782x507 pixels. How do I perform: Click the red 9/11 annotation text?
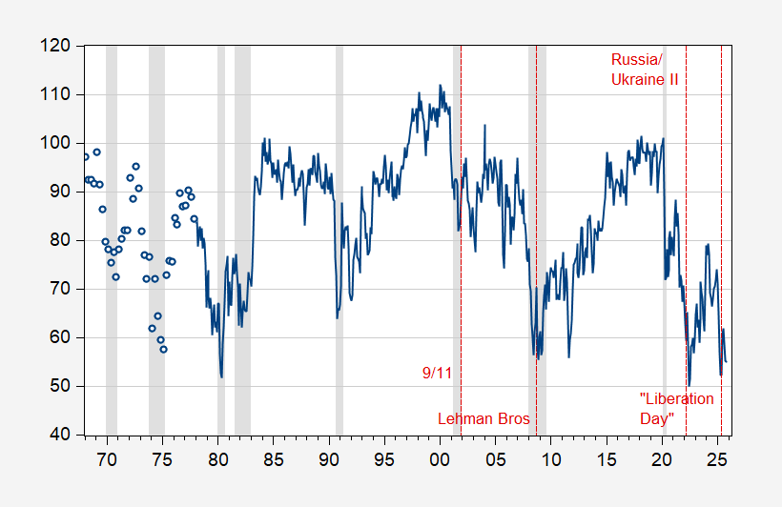(x=437, y=374)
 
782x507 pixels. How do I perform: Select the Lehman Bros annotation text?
(x=484, y=418)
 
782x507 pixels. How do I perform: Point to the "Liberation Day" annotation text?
(x=675, y=409)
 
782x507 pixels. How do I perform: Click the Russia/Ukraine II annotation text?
(x=645, y=71)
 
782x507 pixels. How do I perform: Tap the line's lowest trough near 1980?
(x=221, y=376)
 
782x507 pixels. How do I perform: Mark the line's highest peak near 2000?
(x=440, y=85)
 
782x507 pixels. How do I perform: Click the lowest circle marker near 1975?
(x=163, y=349)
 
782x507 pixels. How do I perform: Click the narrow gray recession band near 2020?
(x=664, y=238)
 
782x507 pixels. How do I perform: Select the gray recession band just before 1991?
(x=339, y=238)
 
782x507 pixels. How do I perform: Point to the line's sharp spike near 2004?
(x=484, y=126)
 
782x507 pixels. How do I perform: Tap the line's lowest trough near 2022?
(x=689, y=384)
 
